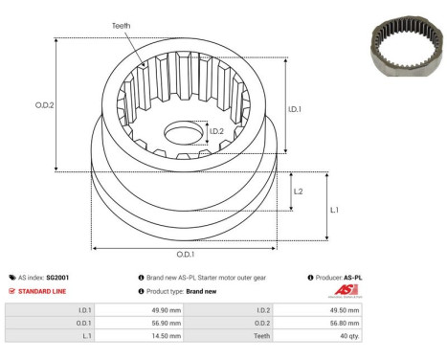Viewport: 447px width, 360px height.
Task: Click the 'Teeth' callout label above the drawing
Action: coord(121,26)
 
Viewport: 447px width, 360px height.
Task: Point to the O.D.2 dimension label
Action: coord(44,105)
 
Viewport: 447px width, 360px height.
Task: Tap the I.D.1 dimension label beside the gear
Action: coord(295,109)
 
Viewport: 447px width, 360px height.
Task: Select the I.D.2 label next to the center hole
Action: coord(216,131)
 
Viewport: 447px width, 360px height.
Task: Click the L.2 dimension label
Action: coord(298,191)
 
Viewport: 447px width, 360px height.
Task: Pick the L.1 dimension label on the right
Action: coord(334,210)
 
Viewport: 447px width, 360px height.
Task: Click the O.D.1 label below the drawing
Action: coord(186,255)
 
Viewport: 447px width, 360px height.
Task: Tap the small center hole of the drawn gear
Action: coord(184,132)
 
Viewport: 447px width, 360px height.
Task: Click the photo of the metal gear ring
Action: coord(407,46)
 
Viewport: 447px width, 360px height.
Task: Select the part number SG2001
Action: coord(57,278)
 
